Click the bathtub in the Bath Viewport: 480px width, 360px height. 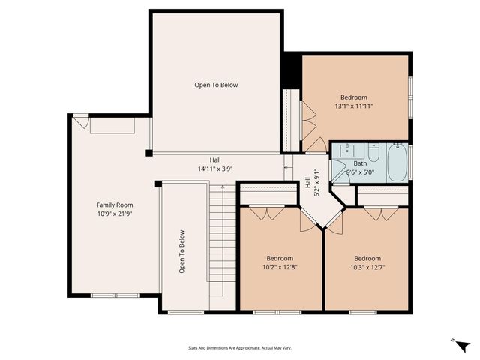(x=397, y=162)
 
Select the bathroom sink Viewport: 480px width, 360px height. (x=346, y=150)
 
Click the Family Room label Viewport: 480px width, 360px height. (x=114, y=205)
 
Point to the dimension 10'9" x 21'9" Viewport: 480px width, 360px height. (x=114, y=214)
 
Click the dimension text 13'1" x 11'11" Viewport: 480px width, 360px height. (x=354, y=106)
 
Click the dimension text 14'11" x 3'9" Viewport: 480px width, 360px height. (x=214, y=169)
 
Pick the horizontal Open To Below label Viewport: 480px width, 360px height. (x=216, y=85)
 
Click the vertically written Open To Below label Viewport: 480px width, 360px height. (x=181, y=251)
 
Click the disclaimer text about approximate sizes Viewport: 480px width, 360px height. (x=240, y=347)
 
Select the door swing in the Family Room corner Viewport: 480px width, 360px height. (x=80, y=121)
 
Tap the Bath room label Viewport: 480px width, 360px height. (x=360, y=163)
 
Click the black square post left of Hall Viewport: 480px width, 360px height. (x=148, y=153)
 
